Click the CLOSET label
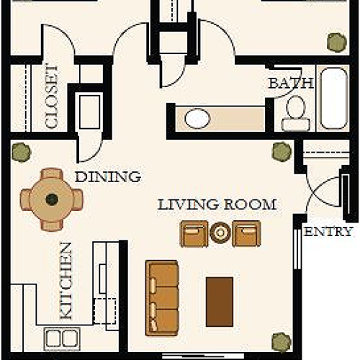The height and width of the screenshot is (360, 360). pos(52,96)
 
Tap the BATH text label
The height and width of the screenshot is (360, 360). pos(291,83)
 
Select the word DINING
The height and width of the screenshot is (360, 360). pos(107,176)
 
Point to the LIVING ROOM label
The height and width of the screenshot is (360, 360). pos(217,204)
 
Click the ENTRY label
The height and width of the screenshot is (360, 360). pos(328,232)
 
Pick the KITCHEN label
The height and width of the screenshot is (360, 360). pos(66,281)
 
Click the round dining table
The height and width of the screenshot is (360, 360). pos(52,199)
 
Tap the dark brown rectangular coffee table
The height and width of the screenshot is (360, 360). pos(220,301)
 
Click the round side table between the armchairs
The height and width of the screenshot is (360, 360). pos(220,233)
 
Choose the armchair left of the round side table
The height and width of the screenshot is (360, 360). pos(193,233)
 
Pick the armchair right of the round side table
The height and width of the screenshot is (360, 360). pos(246,233)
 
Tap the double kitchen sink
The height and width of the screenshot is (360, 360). pos(63,337)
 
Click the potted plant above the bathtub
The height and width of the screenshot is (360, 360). pos(336,42)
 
